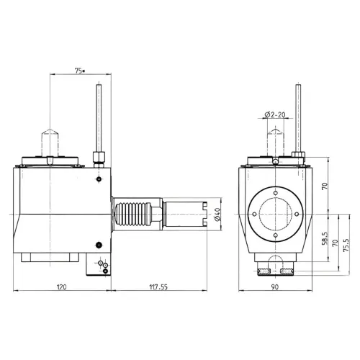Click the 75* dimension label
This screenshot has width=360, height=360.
[x=79, y=71]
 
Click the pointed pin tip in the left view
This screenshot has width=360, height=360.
[x=51, y=137]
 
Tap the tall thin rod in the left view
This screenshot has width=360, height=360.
[x=97, y=115]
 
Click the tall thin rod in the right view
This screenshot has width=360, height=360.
[x=297, y=115]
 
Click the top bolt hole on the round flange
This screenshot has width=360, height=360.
[x=274, y=192]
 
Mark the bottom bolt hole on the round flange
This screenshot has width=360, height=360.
[x=274, y=235]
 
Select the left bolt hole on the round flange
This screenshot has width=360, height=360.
[x=252, y=214]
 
